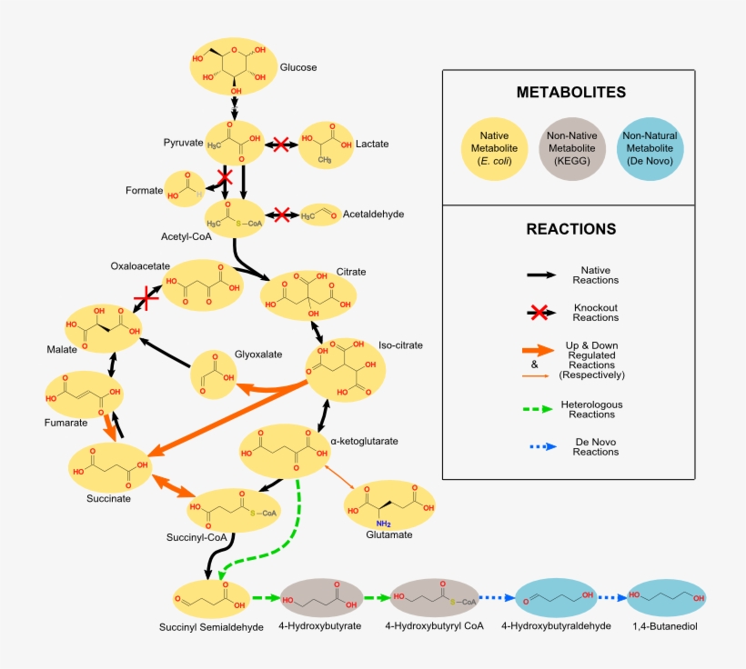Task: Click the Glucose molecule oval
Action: point(233,66)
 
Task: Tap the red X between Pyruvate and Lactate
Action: point(281,144)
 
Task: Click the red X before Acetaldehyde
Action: point(282,215)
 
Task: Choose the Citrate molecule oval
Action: point(308,294)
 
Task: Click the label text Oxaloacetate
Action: point(141,266)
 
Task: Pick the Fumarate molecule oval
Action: point(84,393)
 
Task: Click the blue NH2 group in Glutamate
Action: point(384,522)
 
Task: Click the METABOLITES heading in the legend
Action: point(570,93)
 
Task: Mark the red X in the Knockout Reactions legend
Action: point(539,312)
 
